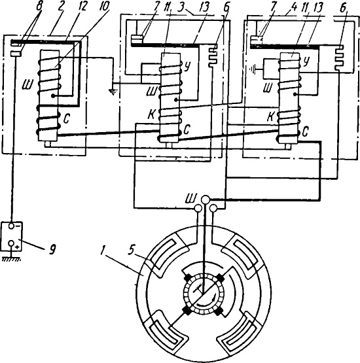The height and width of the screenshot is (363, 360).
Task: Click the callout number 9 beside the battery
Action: [53, 250]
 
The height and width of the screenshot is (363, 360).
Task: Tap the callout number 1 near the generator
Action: [102, 251]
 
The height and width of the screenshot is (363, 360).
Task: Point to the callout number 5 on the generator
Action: [132, 251]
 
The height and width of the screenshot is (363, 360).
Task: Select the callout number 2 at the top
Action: [60, 7]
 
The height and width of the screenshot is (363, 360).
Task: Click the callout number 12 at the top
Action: [82, 7]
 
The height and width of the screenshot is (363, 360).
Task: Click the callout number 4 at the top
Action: [294, 7]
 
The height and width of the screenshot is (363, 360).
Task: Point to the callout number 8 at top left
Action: [39, 7]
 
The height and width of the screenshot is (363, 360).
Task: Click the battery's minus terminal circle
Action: [12, 226]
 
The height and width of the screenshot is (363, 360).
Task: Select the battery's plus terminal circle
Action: [11, 243]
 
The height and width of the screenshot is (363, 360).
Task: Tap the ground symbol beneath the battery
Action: [11, 259]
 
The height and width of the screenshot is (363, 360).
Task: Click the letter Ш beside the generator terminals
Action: [191, 198]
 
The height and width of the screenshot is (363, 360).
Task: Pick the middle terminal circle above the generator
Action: [206, 199]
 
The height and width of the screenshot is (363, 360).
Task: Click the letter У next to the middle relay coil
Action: [187, 67]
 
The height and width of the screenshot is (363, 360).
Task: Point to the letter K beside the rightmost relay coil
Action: [270, 117]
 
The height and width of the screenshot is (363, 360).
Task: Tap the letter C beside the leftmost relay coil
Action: [67, 119]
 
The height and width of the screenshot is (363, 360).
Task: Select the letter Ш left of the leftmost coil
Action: [27, 85]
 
